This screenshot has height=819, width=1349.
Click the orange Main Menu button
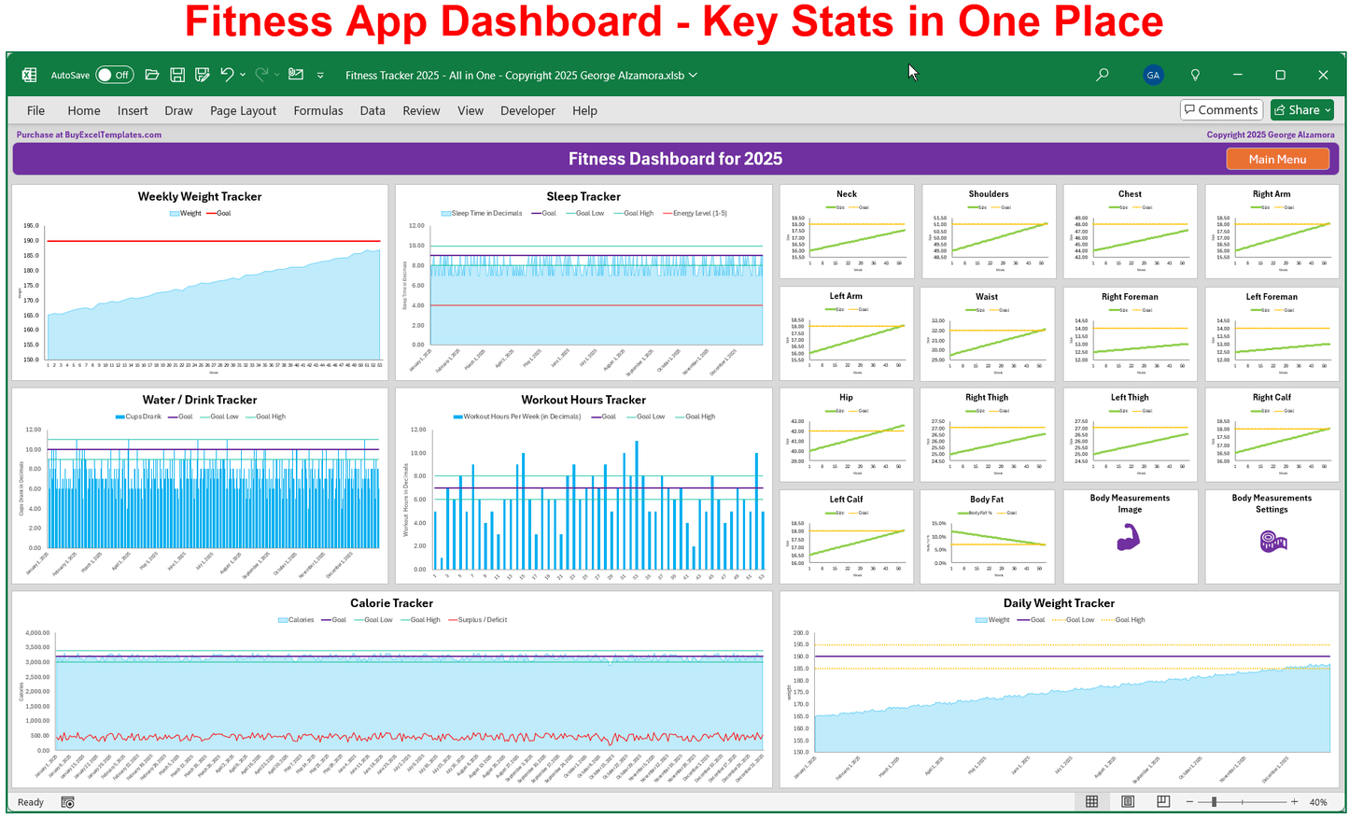click(1277, 159)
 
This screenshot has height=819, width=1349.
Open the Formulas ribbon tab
click(318, 110)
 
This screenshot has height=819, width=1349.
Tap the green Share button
click(1302, 110)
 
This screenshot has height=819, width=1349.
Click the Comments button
click(1221, 110)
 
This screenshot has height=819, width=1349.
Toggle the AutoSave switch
click(115, 75)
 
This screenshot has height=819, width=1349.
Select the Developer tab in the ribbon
click(527, 110)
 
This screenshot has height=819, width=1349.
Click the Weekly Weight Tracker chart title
click(200, 196)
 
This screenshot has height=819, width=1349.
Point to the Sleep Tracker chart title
click(583, 196)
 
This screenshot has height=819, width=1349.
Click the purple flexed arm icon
click(1129, 537)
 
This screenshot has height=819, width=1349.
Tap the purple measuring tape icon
click(1272, 540)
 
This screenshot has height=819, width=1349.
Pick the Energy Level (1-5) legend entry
click(695, 213)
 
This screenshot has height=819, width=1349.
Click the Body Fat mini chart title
click(987, 500)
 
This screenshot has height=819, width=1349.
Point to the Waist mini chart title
click(987, 297)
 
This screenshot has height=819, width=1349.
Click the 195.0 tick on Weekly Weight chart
click(31, 226)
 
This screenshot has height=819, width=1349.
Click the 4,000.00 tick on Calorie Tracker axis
click(37, 633)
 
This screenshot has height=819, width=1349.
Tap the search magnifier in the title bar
click(1103, 75)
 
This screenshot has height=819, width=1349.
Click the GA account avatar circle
click(1153, 75)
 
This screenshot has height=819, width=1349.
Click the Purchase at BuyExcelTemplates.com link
click(89, 134)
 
